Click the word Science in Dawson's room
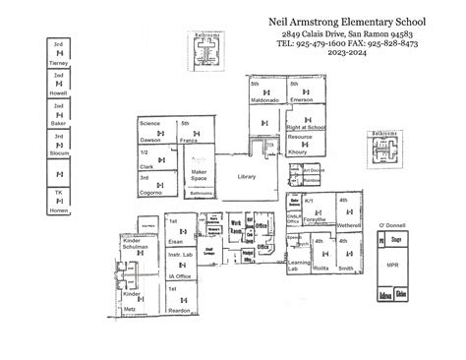[149, 124]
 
